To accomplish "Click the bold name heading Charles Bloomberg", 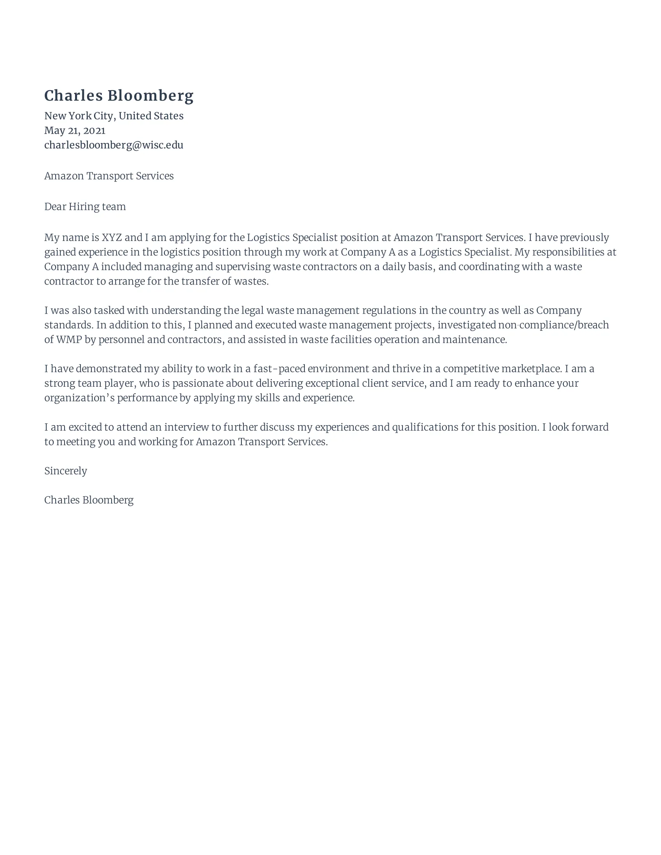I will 119,96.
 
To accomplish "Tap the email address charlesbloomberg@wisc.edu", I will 114,145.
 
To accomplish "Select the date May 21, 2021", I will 75,130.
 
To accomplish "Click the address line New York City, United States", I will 114,116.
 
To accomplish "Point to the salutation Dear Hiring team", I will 85,207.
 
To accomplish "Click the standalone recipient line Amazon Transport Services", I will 109,176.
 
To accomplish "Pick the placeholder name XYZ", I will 112,237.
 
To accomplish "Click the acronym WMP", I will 69,339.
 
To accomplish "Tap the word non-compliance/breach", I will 553,325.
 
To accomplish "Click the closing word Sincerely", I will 65,471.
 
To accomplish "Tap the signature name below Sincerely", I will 89,500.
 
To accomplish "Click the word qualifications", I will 425,427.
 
